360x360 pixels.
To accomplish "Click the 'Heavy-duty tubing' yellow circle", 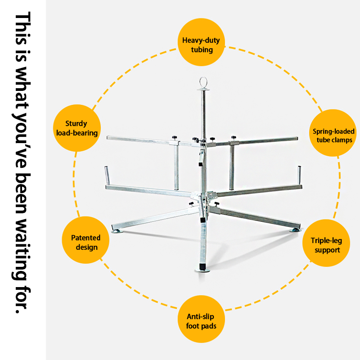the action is [201, 42].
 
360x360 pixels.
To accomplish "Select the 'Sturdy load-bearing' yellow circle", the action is [77, 128].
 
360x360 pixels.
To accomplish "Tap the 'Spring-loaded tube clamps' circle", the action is [333, 133].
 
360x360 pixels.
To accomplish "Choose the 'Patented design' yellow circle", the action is [85, 240].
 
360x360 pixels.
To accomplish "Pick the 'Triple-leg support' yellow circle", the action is [326, 243].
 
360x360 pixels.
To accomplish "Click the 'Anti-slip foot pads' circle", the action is [201, 319].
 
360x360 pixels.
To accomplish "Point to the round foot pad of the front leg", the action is [202, 270].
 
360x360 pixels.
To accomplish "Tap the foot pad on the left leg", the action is [117, 231].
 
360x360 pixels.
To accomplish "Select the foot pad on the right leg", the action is [294, 230].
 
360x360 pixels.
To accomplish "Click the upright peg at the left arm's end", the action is [107, 175].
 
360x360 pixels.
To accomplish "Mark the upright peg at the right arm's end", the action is [299, 175].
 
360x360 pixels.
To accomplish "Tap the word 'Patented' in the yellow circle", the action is [85, 238].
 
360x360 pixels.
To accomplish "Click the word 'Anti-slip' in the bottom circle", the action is [200, 317].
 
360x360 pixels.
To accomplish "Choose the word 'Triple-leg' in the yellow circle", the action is [326, 241].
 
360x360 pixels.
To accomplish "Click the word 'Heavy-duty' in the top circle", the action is [201, 40].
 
